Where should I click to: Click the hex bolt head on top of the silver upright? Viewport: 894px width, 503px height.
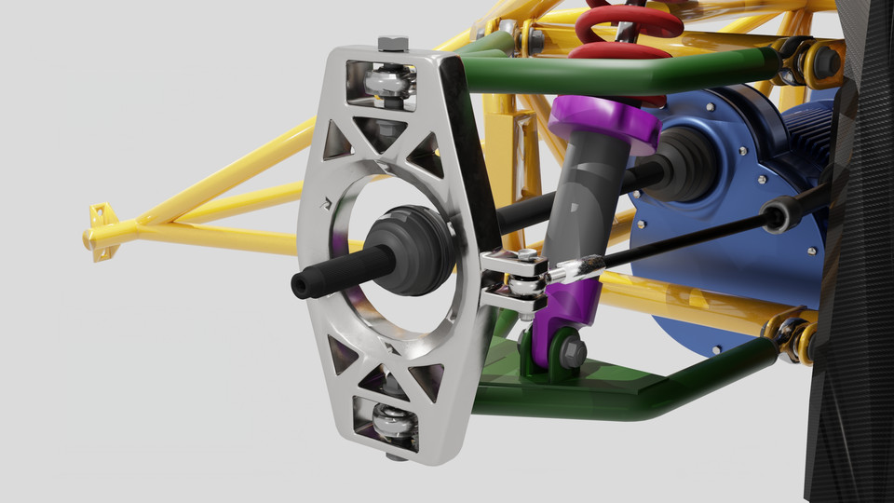tap(393, 43)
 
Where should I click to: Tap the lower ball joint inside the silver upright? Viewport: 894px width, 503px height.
tap(393, 424)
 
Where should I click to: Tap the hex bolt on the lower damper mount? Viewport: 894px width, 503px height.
tap(572, 351)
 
